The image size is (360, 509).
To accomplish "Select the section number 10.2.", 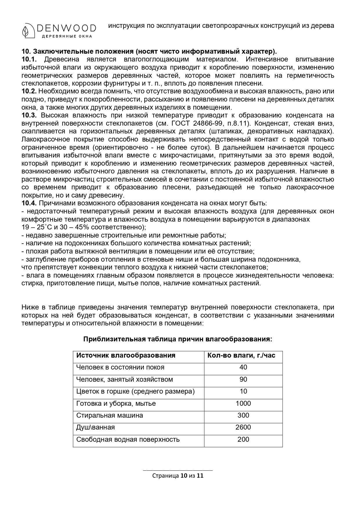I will pyautogui.click(x=29, y=91).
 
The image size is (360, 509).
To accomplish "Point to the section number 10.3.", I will pyautogui.click(x=29, y=115).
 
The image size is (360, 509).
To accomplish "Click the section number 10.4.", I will pyautogui.click(x=29, y=203).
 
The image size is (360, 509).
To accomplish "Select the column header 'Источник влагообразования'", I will pyautogui.click(x=126, y=355).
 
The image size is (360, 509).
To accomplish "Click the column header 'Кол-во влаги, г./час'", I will pyautogui.click(x=241, y=355).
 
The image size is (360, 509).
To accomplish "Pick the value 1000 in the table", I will pyautogui.click(x=243, y=403).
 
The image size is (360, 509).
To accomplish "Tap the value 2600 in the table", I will pyautogui.click(x=243, y=427).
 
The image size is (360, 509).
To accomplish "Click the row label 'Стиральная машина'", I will pyautogui.click(x=109, y=415).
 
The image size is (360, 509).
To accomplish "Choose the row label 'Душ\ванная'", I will pyautogui.click(x=95, y=427).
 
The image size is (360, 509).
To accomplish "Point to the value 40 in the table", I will pyautogui.click(x=243, y=367).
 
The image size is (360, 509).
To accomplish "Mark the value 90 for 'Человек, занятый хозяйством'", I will pyautogui.click(x=243, y=379).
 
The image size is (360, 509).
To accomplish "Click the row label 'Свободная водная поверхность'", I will pyautogui.click(x=128, y=439).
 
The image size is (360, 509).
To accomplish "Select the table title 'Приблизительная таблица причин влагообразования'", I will pyautogui.click(x=178, y=339).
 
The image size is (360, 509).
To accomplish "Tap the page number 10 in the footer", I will pyautogui.click(x=184, y=476).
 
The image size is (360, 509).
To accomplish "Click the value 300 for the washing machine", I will pyautogui.click(x=243, y=415).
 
